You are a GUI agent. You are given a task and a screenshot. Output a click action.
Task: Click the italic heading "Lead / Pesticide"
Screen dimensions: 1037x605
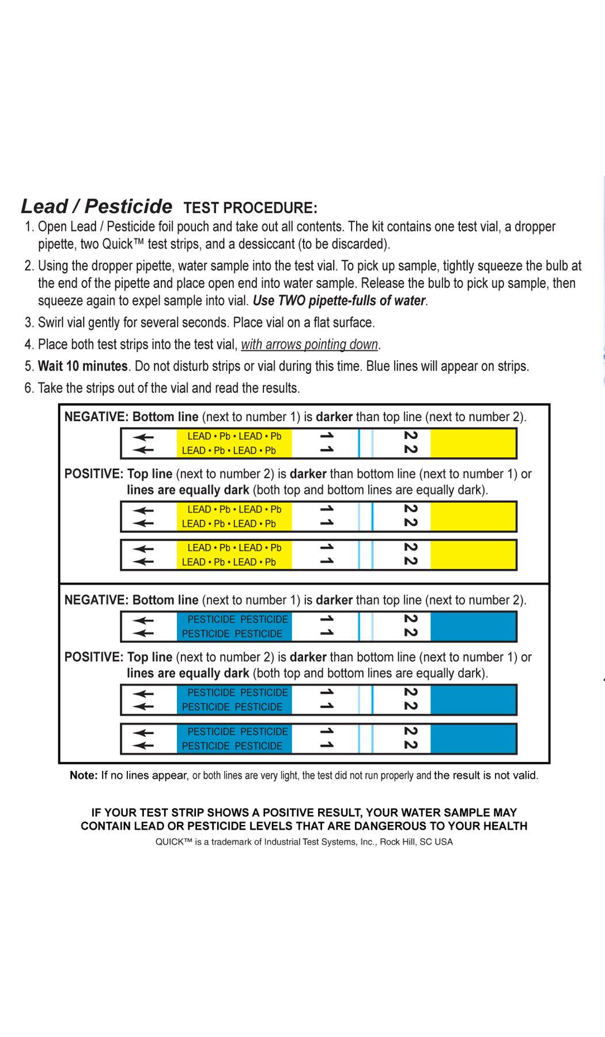[96, 206]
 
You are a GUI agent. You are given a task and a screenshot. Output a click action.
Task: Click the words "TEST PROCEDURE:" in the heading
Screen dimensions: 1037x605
[250, 208]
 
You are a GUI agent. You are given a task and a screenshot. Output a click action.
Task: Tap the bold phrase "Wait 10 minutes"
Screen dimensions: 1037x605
[82, 366]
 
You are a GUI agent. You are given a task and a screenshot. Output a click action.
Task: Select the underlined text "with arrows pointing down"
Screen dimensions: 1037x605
[309, 345]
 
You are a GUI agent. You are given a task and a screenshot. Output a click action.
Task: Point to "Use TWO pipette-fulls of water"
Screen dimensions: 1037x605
[339, 301]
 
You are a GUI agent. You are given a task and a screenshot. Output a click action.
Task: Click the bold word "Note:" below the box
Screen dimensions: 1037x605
[84, 775]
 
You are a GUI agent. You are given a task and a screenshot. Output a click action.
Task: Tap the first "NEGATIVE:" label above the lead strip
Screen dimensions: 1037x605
[96, 417]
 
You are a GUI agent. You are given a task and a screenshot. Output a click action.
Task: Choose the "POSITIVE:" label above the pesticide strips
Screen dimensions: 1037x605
[94, 657]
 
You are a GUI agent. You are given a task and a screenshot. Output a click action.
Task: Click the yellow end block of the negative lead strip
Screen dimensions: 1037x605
[472, 443]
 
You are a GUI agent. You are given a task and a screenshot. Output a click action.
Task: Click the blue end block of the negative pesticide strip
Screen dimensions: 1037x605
[472, 626]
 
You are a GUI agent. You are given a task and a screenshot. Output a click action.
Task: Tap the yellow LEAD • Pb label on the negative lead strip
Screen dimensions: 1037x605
[234, 443]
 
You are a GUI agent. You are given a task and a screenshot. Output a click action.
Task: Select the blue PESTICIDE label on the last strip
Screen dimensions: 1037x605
[234, 739]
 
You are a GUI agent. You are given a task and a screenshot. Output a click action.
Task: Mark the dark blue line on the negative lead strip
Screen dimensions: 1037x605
[359, 443]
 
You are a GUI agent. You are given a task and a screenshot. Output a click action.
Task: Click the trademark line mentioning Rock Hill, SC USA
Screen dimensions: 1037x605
[304, 842]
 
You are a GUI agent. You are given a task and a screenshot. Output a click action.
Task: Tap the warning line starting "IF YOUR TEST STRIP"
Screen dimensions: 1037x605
[304, 812]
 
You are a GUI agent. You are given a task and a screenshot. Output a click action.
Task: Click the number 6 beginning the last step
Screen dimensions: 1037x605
[28, 388]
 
